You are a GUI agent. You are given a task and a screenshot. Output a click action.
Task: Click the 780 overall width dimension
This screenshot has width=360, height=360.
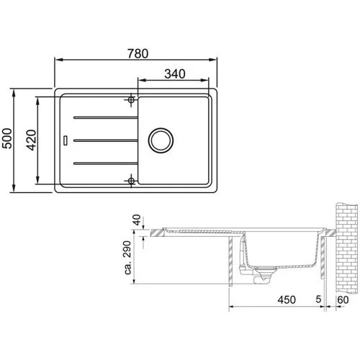point(138,53)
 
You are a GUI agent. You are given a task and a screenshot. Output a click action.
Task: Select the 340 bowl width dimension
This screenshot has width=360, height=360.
point(175,74)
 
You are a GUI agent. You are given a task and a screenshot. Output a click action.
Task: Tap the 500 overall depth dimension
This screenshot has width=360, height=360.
point(7,138)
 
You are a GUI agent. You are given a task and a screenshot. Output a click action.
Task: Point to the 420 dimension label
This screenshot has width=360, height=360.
point(32,140)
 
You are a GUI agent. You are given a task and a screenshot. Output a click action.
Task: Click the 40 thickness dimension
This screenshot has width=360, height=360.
point(137,220)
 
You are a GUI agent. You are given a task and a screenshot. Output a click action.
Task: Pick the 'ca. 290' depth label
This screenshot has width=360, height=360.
point(127,258)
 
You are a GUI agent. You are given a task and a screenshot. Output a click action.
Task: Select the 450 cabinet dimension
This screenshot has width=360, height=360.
point(287,300)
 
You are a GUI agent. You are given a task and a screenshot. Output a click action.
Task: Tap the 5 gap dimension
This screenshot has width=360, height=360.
point(318,300)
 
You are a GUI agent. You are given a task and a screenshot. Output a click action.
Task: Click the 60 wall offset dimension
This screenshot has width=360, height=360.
point(343,300)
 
